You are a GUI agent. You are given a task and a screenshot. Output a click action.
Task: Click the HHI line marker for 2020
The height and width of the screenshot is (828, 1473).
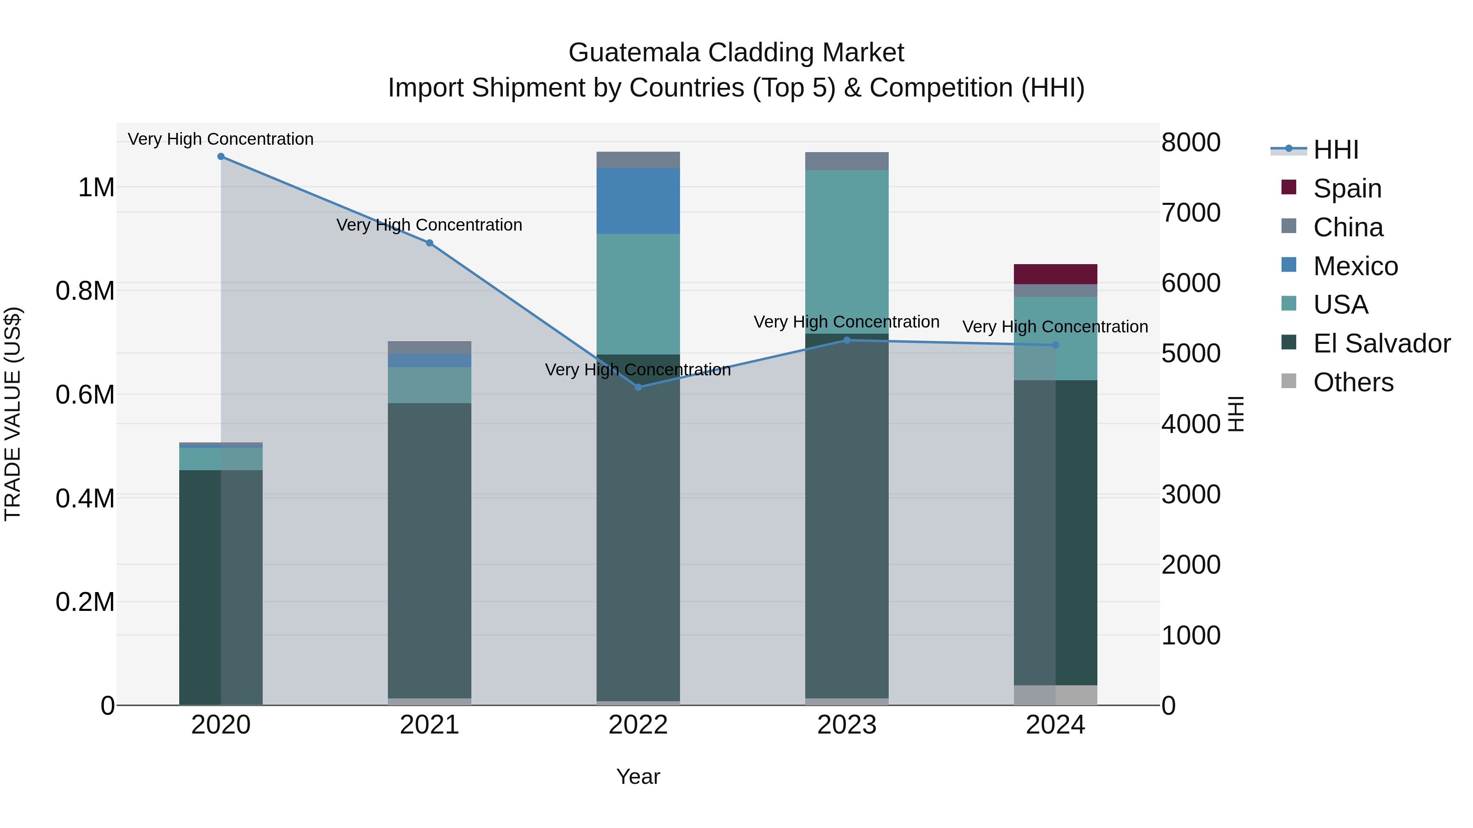pyautogui.click(x=221, y=157)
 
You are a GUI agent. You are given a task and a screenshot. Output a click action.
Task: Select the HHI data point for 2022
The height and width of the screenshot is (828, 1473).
pyautogui.click(x=638, y=388)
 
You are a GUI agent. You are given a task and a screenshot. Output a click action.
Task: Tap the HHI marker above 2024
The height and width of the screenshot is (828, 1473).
pyautogui.click(x=1056, y=345)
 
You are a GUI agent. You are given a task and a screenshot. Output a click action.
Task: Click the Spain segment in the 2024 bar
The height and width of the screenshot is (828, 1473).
pyautogui.click(x=1056, y=274)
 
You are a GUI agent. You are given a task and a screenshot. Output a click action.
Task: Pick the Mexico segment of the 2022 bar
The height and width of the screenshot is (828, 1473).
pyautogui.click(x=638, y=201)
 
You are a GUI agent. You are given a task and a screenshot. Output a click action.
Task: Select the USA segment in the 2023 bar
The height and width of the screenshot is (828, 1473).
pyautogui.click(x=847, y=251)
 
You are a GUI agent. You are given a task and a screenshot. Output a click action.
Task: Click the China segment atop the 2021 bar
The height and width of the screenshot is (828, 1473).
pyautogui.click(x=430, y=348)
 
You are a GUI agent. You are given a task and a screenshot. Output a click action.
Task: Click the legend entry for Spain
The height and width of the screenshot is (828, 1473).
pyautogui.click(x=1347, y=188)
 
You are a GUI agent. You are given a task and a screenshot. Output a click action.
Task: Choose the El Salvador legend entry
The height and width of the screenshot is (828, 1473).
pyautogui.click(x=1381, y=343)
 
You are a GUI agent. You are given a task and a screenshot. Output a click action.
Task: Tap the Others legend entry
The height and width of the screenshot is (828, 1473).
pyautogui.click(x=1353, y=382)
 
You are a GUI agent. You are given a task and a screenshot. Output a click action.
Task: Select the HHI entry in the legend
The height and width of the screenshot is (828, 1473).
pyautogui.click(x=1335, y=150)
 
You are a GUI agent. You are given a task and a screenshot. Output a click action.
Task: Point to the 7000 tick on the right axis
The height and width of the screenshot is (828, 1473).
pyautogui.click(x=1191, y=213)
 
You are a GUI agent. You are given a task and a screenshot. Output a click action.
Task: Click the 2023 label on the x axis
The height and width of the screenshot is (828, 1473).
pyautogui.click(x=847, y=725)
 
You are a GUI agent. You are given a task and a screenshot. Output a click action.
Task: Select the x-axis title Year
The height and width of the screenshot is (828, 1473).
pyautogui.click(x=638, y=776)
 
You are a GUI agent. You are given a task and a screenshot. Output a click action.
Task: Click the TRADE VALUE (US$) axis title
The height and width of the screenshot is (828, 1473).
pyautogui.click(x=13, y=414)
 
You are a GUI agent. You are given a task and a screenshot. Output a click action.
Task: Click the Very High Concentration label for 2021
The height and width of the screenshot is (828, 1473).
pyautogui.click(x=430, y=225)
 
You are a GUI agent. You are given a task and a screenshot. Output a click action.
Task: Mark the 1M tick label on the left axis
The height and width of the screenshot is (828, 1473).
pyautogui.click(x=96, y=187)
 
